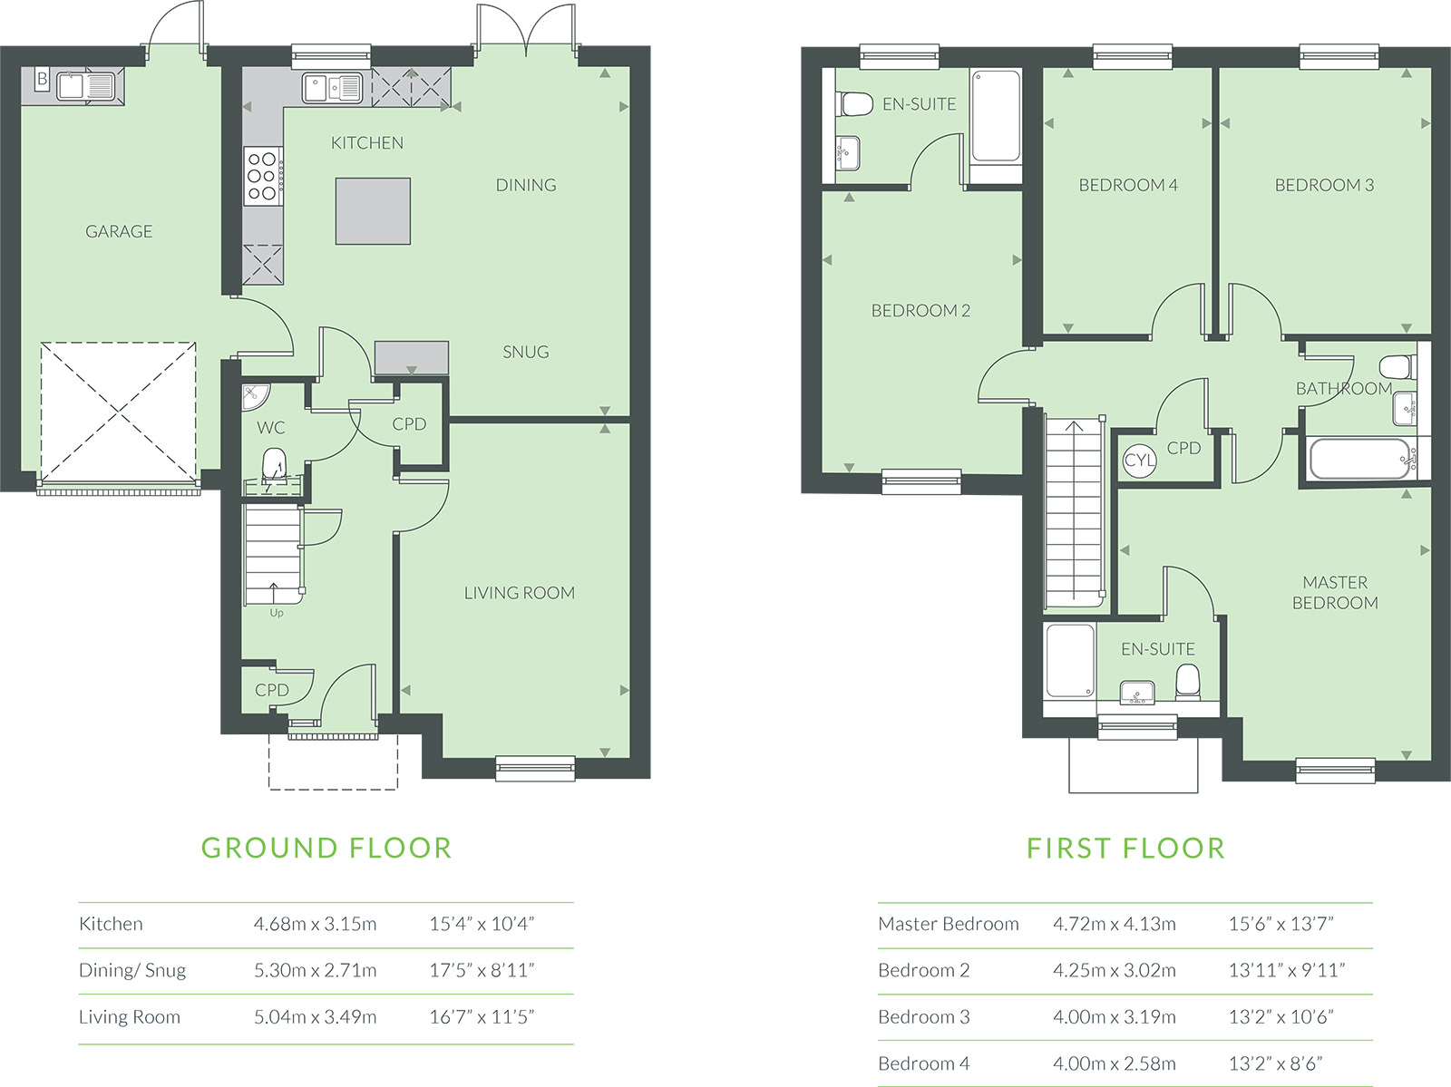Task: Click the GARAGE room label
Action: (119, 231)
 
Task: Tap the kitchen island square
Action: (373, 211)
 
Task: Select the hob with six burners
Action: (263, 176)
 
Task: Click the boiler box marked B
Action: (43, 79)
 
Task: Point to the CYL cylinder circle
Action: (1140, 460)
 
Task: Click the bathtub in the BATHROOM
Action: (1362, 459)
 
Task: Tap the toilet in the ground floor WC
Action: (275, 465)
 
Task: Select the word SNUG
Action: (525, 352)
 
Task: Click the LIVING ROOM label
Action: (519, 593)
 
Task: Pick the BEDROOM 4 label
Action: (1128, 185)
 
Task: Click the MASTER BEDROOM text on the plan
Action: (1335, 592)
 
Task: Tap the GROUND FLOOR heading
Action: (326, 849)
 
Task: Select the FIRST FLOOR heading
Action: (1125, 849)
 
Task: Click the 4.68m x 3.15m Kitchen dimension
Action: (316, 924)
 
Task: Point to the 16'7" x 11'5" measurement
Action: (482, 1016)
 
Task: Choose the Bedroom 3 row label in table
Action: (923, 1016)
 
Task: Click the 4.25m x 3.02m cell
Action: (1115, 970)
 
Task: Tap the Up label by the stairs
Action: (277, 613)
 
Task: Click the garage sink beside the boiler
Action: (86, 86)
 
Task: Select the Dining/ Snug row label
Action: (132, 970)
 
